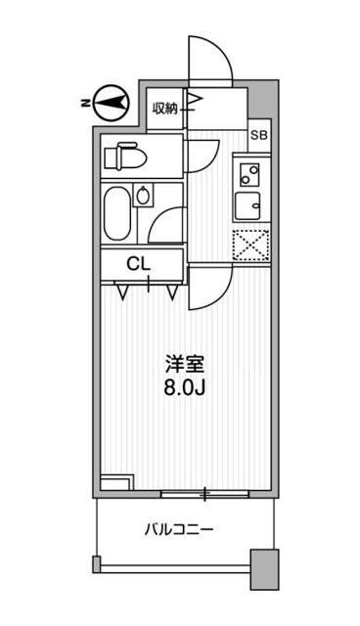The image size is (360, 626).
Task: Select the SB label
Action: pos(259,135)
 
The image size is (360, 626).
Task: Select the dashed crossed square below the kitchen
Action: pos(249,245)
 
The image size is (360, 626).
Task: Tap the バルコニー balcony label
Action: pos(179,529)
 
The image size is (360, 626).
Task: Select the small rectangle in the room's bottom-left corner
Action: pos(116,483)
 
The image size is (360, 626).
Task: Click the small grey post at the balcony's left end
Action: pos(96,564)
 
